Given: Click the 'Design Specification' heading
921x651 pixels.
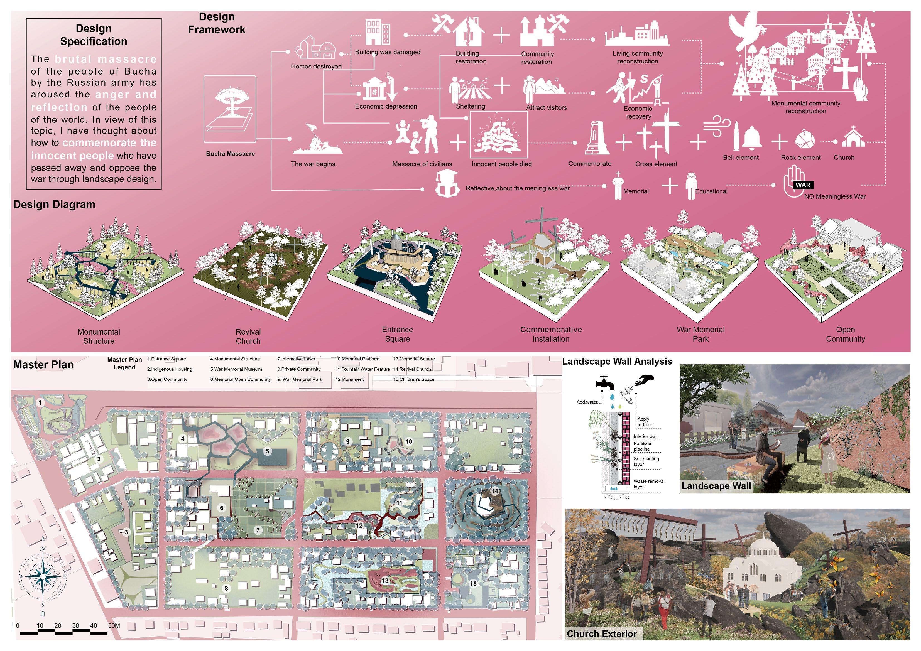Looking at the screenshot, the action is click(94, 35).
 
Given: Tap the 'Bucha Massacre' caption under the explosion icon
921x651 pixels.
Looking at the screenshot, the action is click(230, 154).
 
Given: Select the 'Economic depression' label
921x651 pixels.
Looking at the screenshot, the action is click(386, 106).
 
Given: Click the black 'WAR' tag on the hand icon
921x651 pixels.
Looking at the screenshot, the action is click(803, 185).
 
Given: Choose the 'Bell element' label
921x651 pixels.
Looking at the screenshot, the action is click(741, 158).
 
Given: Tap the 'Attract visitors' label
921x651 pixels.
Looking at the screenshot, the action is click(546, 107).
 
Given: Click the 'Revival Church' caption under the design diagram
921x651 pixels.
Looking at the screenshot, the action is click(248, 336).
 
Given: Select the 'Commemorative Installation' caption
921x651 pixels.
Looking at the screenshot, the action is click(551, 334).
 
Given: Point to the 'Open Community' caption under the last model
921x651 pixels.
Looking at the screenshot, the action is click(845, 334).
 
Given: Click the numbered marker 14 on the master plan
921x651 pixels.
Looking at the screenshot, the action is click(494, 491).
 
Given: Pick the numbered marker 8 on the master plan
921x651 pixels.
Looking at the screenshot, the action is click(226, 588).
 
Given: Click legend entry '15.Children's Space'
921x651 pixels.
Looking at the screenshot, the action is click(413, 379).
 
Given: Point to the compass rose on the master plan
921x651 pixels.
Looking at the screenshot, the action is click(43, 576).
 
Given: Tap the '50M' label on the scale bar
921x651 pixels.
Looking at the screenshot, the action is click(114, 625).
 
